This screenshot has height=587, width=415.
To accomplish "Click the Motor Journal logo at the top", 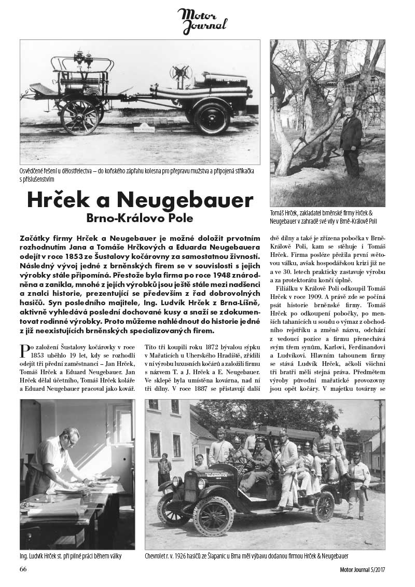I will coord(202,21).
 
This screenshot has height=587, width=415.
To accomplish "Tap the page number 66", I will coord(23,569).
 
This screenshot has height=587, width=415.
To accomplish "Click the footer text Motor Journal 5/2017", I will coord(359,570).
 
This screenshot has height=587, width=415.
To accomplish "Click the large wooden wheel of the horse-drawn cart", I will coord(79,116).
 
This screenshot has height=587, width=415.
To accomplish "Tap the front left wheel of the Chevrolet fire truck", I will coord(213,515).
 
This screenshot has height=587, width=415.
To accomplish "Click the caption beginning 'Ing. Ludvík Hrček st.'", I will coord(71,556).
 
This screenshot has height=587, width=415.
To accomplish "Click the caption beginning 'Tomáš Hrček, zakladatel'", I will coord(327,217).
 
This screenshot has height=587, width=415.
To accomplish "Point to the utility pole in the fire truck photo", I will coord(380,441).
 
